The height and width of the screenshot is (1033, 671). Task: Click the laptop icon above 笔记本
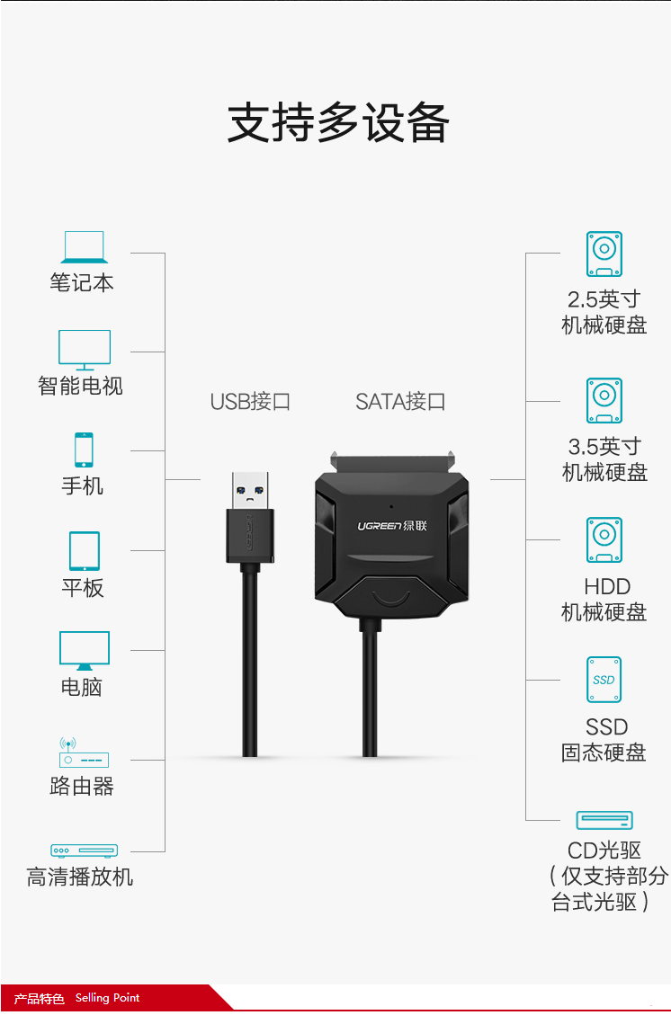point(85,247)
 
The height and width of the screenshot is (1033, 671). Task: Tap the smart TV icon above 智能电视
point(85,350)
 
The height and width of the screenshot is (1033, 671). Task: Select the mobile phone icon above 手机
point(84,450)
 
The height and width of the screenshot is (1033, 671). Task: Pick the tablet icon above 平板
point(85,551)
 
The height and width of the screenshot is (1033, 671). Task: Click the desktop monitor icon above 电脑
point(85,651)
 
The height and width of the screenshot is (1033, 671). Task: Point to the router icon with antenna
point(84,752)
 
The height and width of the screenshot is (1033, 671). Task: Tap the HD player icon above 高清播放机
point(85,850)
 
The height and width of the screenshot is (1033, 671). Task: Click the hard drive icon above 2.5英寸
point(604,254)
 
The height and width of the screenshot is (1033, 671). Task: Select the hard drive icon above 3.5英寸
point(604,401)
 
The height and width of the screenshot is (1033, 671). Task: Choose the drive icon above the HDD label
point(604,540)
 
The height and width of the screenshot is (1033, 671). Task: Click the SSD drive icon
point(604,680)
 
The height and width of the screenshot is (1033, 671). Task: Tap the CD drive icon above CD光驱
point(604,820)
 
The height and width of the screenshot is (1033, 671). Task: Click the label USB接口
point(250,401)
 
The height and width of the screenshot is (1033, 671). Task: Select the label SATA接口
point(401,401)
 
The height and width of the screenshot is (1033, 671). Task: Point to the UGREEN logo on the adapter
point(392,526)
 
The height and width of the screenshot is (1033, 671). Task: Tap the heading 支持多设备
point(338,122)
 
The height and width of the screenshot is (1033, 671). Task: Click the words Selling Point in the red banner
point(107,997)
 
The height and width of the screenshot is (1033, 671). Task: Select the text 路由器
point(82,786)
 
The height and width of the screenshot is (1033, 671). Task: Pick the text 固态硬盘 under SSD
point(604,752)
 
